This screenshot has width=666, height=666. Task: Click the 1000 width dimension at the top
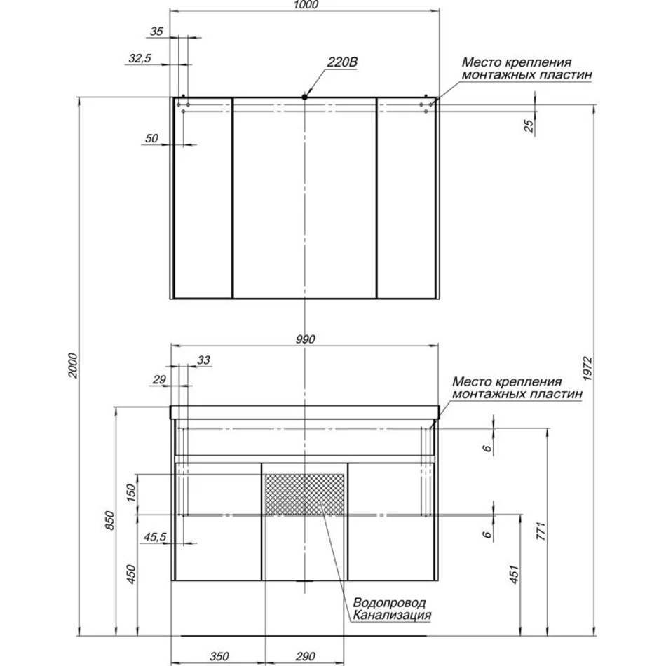[x=306, y=5]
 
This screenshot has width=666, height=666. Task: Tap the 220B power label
[x=342, y=62]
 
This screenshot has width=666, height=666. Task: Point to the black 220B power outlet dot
[x=304, y=97]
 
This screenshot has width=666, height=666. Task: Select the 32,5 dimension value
[x=140, y=58]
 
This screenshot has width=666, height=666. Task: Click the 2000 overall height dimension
[x=73, y=365]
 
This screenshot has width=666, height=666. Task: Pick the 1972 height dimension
[x=587, y=369]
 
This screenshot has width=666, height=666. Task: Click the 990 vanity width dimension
[x=306, y=339]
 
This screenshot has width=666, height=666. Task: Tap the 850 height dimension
[x=109, y=520]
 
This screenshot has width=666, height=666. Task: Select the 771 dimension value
[x=541, y=531]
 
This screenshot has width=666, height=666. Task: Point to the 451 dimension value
[x=514, y=574]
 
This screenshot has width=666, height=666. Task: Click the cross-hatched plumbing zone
[x=304, y=494]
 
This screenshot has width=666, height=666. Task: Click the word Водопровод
[x=389, y=602]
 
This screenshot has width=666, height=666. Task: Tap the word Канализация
[x=392, y=615]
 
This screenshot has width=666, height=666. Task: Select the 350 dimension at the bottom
[x=219, y=656]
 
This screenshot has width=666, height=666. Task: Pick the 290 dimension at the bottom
[x=305, y=656]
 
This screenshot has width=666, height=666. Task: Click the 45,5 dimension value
[x=155, y=537]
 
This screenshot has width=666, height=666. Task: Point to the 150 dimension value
[x=131, y=493]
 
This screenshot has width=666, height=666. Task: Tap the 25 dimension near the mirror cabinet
[x=529, y=125]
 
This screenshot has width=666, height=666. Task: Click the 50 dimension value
[x=151, y=138]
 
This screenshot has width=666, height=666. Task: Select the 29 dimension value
[x=159, y=379]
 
